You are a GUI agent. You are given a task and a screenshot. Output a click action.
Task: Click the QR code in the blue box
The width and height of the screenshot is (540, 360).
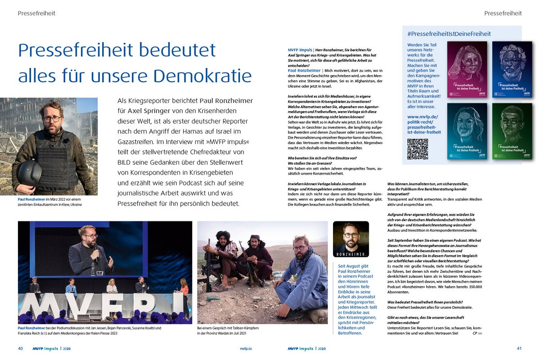click(418, 149)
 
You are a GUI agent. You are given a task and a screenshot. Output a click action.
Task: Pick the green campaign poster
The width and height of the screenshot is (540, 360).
click(512, 131)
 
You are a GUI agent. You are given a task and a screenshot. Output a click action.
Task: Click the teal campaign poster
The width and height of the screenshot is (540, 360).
click(467, 131)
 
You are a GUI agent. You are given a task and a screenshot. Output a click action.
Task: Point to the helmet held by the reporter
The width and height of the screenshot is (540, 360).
click(29, 172)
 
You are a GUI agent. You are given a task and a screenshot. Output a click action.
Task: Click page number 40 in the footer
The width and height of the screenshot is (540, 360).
click(21, 349)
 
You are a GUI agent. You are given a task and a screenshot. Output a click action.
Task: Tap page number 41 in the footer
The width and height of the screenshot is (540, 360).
click(519, 349)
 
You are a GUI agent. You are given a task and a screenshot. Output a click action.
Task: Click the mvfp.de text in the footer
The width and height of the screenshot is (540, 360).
click(245, 349)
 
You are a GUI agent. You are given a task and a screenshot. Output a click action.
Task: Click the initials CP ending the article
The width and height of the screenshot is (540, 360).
click(475, 333)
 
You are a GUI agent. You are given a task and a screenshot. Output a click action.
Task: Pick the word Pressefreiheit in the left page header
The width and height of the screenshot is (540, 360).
click(36, 13)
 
